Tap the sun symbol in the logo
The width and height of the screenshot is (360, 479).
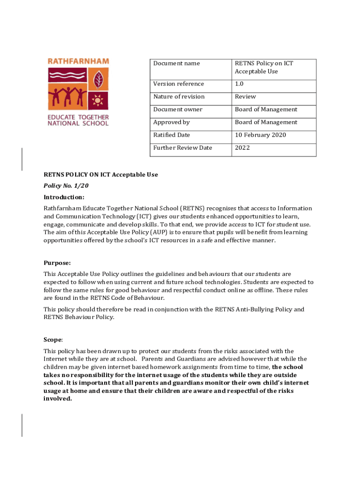coord(98,100)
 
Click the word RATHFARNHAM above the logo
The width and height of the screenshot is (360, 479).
coord(79,61)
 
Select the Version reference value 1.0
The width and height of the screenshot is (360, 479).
coord(239,84)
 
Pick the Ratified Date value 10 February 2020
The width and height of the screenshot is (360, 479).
coord(260,135)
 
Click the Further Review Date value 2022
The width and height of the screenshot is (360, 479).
coord(242,148)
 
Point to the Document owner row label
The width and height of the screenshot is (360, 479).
coord(178,109)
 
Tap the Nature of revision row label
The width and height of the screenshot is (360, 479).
coord(179,97)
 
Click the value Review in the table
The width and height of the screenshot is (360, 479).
coord(245,97)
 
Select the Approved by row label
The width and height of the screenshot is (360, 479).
coord(171,122)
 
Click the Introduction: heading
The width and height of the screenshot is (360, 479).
coord(64,197)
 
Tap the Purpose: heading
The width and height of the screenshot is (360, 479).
coord(57,263)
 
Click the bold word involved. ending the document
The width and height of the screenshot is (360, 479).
coord(58,399)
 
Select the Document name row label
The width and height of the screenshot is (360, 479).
coord(176,63)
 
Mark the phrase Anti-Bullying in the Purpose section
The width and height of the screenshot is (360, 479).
coord(258,309)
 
